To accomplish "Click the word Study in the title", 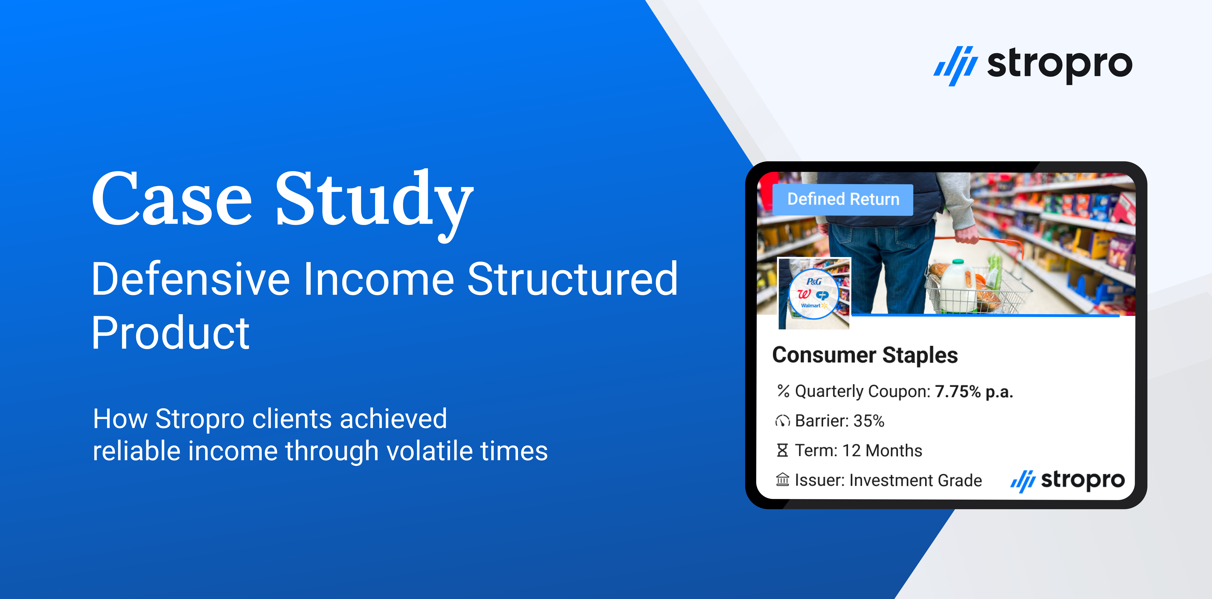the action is [x=374, y=205].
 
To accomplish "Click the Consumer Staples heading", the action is [x=865, y=355].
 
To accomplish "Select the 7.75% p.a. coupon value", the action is [x=973, y=392].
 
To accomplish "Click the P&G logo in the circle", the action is [x=814, y=281].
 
